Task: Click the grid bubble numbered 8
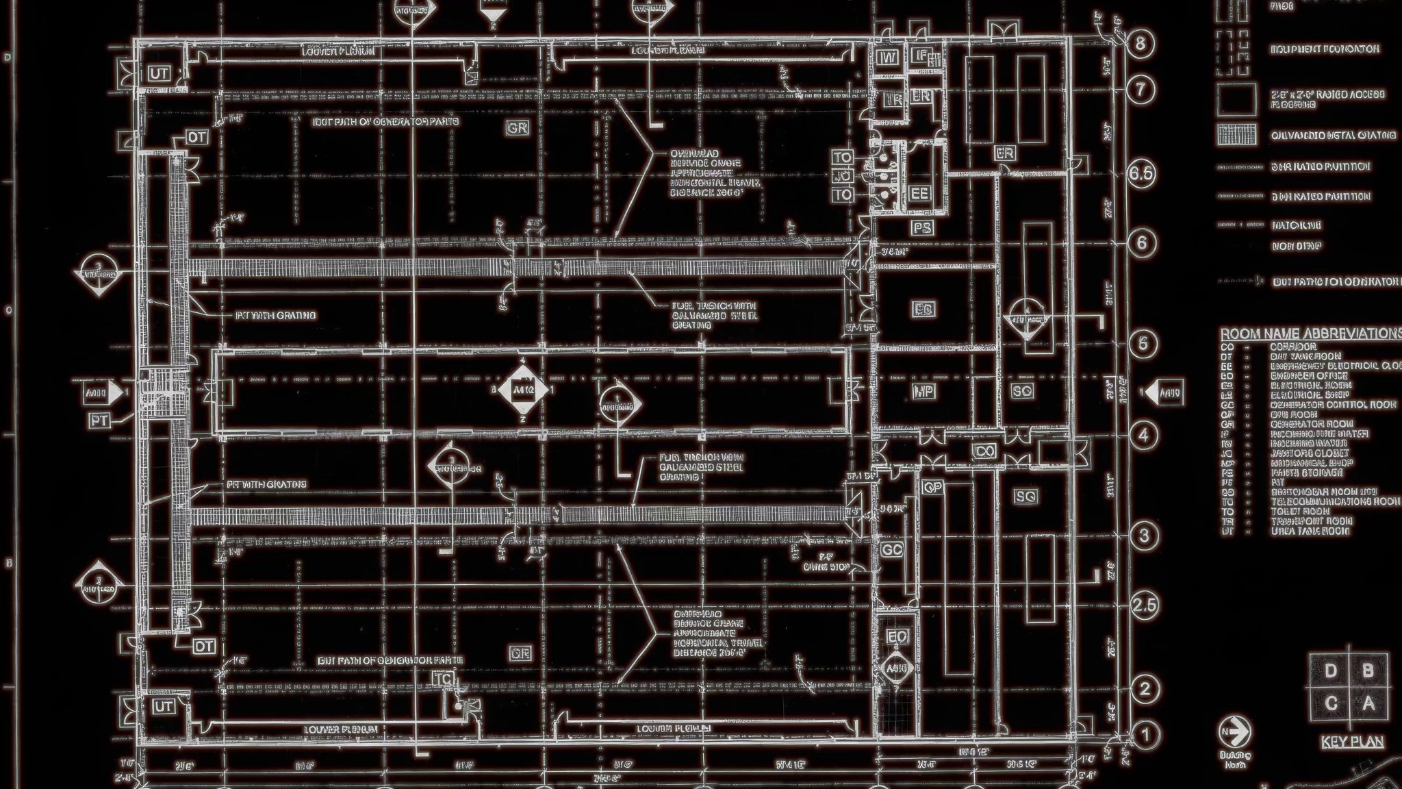click(1140, 44)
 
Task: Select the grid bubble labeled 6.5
click(1140, 173)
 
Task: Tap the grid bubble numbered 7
click(1140, 89)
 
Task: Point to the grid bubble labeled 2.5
click(1144, 605)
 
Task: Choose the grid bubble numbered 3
click(1144, 535)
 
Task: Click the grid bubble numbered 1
click(1144, 734)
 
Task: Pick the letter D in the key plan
click(1330, 671)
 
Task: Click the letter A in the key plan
click(1368, 703)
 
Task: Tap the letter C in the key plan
click(1330, 703)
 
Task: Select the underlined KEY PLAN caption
click(1352, 742)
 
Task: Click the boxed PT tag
click(99, 421)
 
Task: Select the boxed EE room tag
click(919, 194)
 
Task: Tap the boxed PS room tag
click(922, 227)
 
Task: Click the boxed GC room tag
click(892, 549)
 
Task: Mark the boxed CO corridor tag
click(984, 451)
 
